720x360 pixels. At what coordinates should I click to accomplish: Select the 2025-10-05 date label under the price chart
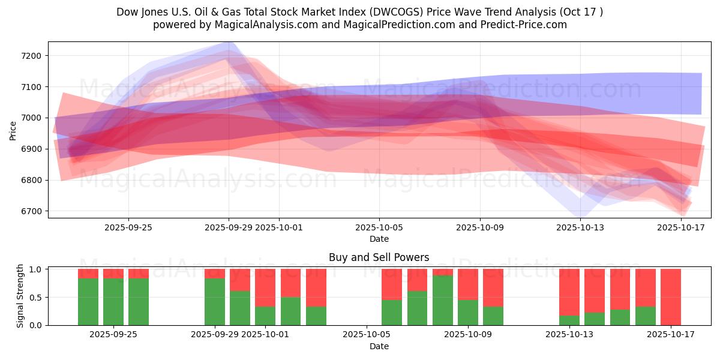coord(379,227)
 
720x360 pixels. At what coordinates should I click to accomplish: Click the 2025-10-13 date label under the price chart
coord(580,227)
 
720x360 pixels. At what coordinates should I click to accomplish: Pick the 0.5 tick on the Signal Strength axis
coord(35,298)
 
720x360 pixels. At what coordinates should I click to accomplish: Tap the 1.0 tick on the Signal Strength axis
coord(35,269)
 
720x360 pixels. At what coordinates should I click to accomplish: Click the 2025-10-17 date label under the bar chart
coord(671,335)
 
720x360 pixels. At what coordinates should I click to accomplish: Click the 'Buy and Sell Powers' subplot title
coord(379,257)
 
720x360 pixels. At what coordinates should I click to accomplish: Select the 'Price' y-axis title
coord(13,130)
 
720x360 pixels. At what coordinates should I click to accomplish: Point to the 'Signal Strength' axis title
coord(20,296)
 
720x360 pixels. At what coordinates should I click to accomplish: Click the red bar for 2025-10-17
coord(671,296)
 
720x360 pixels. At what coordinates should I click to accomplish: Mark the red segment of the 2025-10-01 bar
coord(265,287)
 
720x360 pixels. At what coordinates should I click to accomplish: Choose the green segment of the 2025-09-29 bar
coord(215,302)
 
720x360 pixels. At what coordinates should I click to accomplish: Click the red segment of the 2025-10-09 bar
coord(468,284)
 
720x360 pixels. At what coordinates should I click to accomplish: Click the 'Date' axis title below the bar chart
coord(379,346)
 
